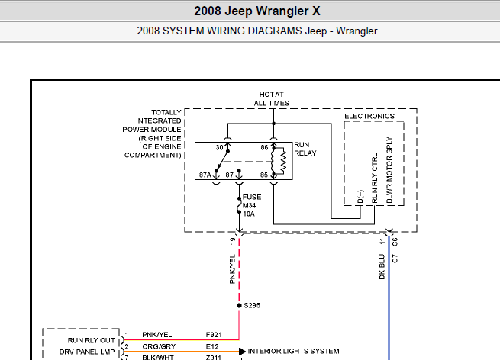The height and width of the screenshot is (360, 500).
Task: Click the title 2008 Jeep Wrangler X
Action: pyautogui.click(x=250, y=11)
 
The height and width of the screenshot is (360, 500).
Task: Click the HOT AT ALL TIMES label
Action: pyautogui.click(x=272, y=98)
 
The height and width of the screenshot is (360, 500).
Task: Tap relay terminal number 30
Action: pyautogui.click(x=219, y=146)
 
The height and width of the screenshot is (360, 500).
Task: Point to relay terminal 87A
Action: pyautogui.click(x=205, y=175)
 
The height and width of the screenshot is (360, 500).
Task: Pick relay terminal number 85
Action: pyautogui.click(x=263, y=175)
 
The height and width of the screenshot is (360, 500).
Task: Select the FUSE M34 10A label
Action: pyautogui.click(x=253, y=205)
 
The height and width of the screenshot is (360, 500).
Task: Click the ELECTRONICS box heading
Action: pyautogui.click(x=369, y=116)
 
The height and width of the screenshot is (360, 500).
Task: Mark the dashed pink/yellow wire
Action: pyautogui.click(x=240, y=267)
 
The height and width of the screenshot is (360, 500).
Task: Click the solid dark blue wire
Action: pyautogui.click(x=389, y=305)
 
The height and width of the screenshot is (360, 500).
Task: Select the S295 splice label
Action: pyautogui.click(x=252, y=305)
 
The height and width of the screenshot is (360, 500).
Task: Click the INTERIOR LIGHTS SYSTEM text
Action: pyautogui.click(x=293, y=351)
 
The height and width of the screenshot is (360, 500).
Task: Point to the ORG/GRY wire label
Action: pyautogui.click(x=158, y=346)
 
